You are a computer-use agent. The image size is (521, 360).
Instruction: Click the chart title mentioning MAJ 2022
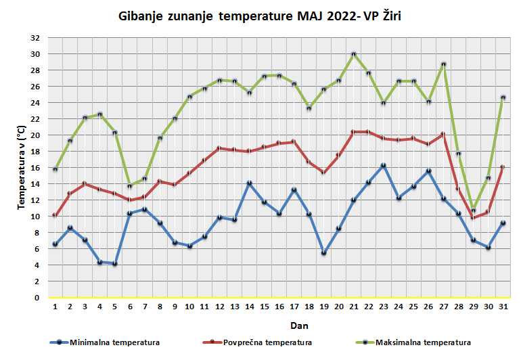click(x=259, y=16)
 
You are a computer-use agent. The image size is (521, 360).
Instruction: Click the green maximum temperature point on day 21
click(x=353, y=54)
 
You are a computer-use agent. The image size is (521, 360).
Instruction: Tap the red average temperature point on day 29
click(x=473, y=217)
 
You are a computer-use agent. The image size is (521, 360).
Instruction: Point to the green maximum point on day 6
click(x=130, y=186)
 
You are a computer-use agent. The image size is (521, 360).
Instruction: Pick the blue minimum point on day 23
click(x=383, y=165)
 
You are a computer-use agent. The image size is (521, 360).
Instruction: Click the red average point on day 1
click(x=55, y=215)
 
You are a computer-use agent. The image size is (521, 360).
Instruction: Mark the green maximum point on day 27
click(x=443, y=64)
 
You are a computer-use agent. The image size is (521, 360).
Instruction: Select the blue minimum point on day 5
click(x=115, y=263)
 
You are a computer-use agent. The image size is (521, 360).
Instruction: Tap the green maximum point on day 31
click(x=503, y=97)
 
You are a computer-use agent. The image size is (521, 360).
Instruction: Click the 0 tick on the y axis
click(x=38, y=298)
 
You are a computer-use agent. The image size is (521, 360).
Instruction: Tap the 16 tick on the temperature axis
click(x=36, y=168)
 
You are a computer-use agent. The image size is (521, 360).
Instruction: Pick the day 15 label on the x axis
click(x=264, y=307)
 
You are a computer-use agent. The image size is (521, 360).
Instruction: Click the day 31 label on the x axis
click(x=503, y=307)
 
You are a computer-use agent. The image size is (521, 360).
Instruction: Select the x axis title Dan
click(x=279, y=325)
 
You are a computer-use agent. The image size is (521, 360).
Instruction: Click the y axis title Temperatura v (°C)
click(x=21, y=168)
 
